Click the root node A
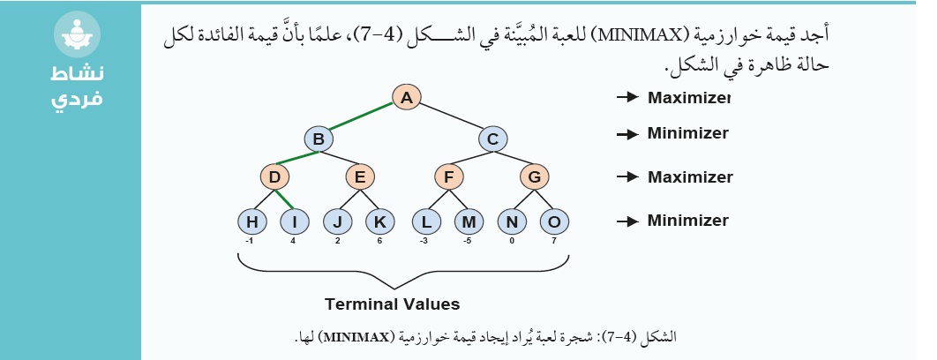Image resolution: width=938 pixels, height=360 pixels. click(407, 97)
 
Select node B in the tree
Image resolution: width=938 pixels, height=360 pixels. click(319, 139)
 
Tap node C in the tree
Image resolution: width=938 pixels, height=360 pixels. click(493, 139)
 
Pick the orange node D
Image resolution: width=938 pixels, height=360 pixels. click(275, 177)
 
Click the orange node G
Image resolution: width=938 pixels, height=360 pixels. click(534, 177)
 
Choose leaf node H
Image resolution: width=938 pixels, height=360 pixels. click(252, 221)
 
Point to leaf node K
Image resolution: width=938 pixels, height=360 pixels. click(379, 221)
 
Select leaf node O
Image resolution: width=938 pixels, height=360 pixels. click(554, 221)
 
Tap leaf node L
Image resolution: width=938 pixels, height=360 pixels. click(426, 221)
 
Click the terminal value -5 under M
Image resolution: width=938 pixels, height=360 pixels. click(469, 242)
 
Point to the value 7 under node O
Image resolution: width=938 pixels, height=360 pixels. click(555, 242)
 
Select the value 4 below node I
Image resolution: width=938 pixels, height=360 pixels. click(293, 242)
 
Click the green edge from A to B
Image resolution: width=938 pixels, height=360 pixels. click(361, 116)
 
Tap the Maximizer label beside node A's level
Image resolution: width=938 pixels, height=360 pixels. click(689, 97)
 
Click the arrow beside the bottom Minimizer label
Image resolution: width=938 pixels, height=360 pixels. click(627, 221)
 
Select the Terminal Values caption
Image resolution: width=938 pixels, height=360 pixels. click(393, 304)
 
